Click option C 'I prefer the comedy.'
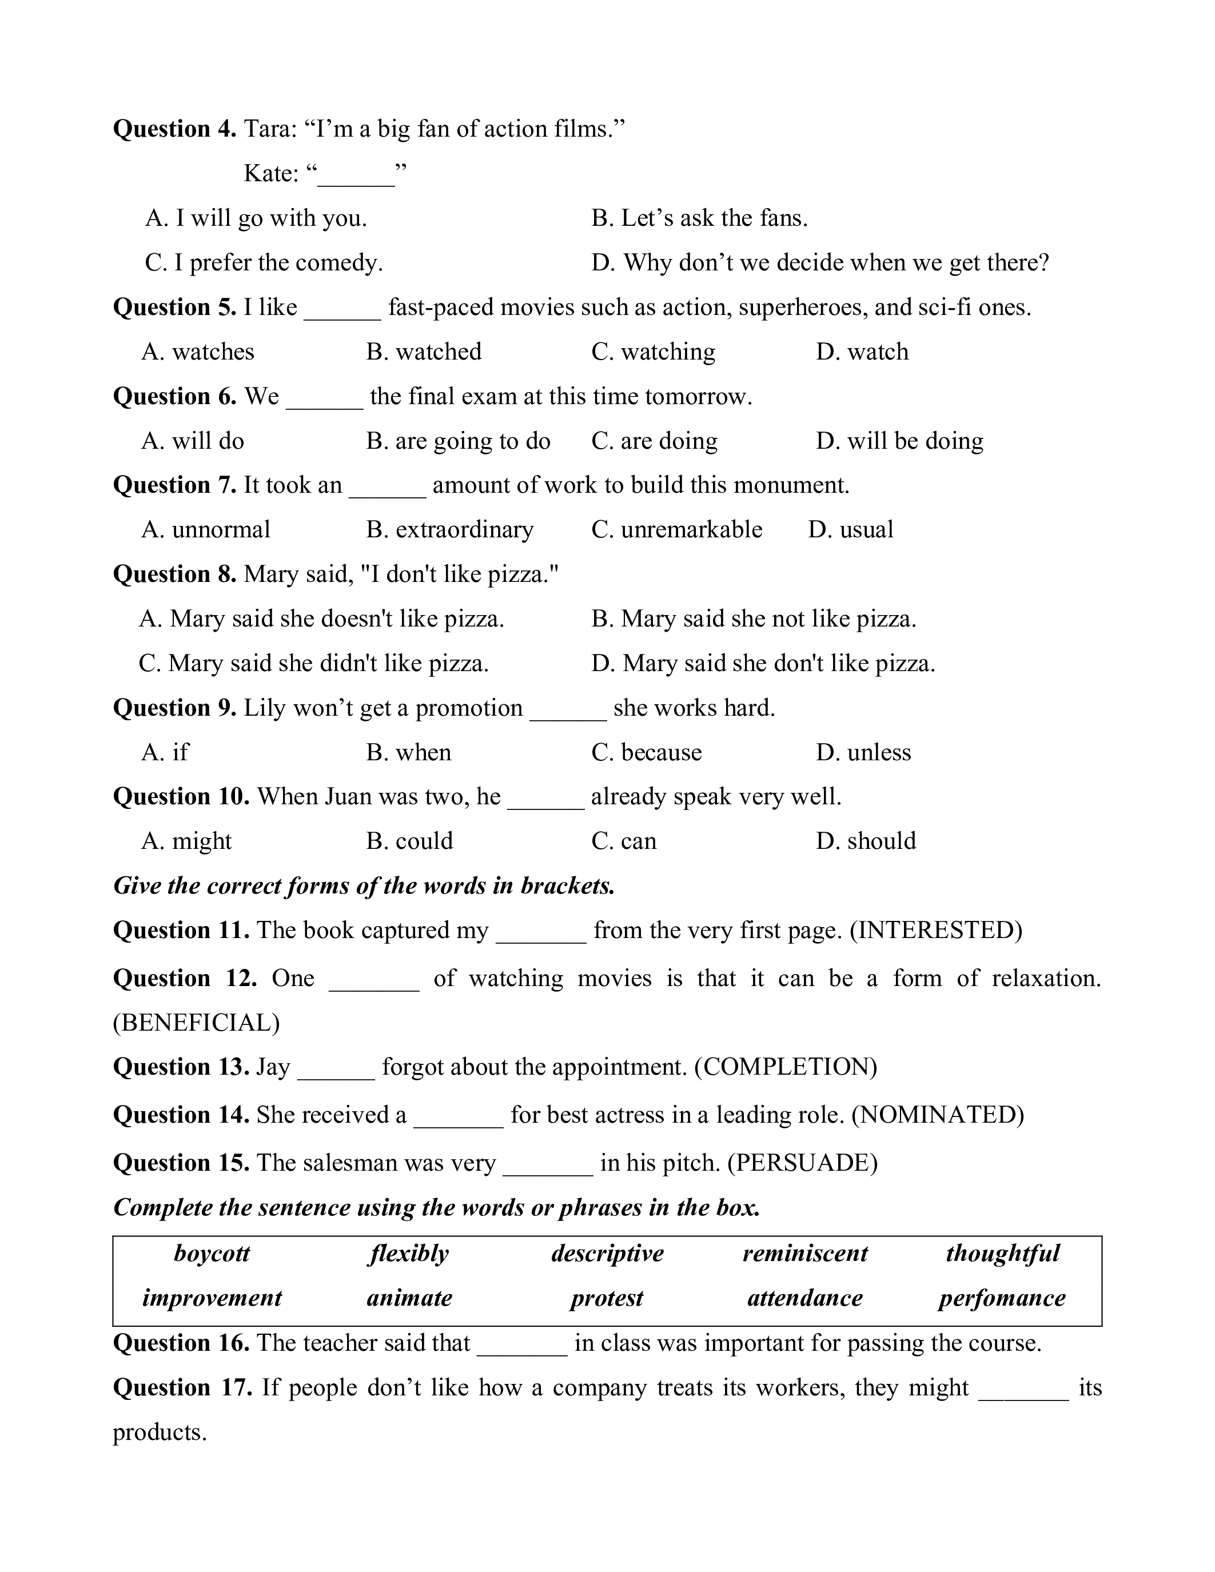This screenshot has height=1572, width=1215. [264, 263]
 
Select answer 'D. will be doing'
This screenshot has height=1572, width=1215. [899, 441]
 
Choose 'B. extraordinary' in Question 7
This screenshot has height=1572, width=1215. [450, 530]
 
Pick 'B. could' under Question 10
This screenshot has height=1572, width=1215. [409, 841]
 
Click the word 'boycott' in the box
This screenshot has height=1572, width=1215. [212, 1253]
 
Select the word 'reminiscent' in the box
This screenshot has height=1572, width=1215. [804, 1253]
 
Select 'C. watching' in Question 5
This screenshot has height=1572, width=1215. [653, 352]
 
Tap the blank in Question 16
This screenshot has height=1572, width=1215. [522, 1344]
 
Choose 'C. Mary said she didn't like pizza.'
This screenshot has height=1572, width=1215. [314, 663]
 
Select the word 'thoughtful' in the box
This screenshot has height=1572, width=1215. [1002, 1253]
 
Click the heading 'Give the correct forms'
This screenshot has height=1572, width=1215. [364, 885]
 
